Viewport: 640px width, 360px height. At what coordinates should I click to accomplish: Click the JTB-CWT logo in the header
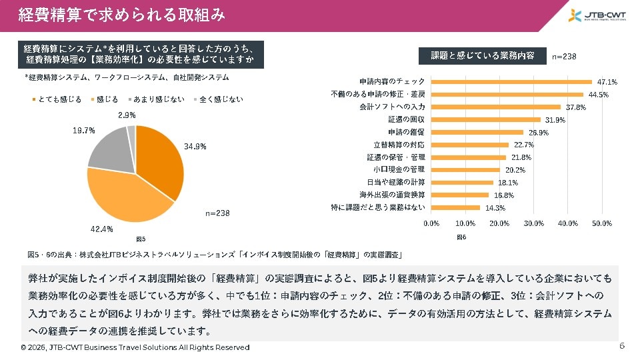click(x=597, y=16)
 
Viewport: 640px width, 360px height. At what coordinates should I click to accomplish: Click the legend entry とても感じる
click(x=57, y=99)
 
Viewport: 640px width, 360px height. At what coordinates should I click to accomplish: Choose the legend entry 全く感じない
click(x=219, y=99)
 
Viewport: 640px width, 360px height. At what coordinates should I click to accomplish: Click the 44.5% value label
click(x=598, y=95)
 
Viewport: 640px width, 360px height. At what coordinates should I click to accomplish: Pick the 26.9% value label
click(x=538, y=132)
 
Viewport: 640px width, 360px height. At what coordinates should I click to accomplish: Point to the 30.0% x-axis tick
click(x=534, y=223)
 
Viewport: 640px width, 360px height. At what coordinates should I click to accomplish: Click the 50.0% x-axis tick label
click(x=602, y=223)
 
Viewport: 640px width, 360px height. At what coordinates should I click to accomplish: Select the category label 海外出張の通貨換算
click(x=392, y=195)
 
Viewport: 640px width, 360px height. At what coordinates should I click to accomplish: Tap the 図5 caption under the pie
click(x=141, y=239)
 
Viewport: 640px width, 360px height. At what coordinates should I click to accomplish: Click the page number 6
click(x=622, y=346)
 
